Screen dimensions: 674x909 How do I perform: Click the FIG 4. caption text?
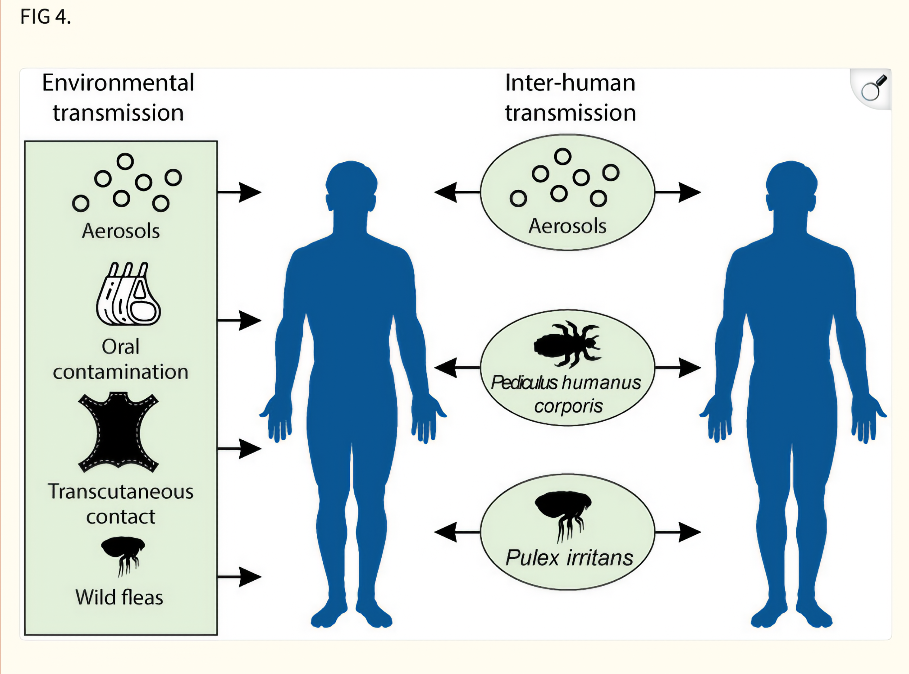tap(46, 17)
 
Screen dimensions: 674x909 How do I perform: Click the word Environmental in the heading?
tap(118, 83)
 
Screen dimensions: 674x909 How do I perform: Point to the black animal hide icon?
tap(118, 433)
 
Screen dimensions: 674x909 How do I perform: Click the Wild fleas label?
tap(119, 597)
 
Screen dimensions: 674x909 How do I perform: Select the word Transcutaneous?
tap(120, 492)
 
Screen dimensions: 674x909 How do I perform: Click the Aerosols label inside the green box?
tap(121, 231)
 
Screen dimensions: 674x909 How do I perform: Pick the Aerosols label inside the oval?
tap(567, 226)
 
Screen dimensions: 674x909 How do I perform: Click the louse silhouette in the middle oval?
tap(567, 344)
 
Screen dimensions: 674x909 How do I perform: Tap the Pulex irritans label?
tap(569, 558)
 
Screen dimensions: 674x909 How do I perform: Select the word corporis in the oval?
tap(568, 406)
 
